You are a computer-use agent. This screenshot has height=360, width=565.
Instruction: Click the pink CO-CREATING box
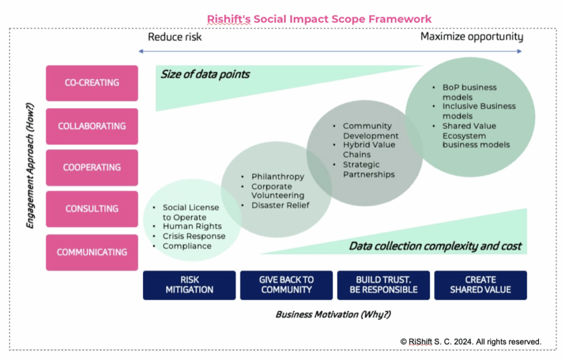(x=92, y=83)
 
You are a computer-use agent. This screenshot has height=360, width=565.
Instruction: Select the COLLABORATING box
(x=92, y=126)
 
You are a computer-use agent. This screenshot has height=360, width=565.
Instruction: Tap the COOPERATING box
(x=92, y=167)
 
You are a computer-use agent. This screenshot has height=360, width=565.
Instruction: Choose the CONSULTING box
(x=92, y=209)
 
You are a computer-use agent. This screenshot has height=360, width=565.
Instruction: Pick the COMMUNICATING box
(x=92, y=252)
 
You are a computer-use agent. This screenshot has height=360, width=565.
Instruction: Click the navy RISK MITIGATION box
(x=189, y=285)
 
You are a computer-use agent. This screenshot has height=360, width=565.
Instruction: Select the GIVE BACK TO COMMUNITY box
(x=286, y=285)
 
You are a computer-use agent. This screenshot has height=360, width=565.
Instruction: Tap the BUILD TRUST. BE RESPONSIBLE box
(x=383, y=285)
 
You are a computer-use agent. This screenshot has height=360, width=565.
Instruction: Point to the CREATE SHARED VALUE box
(x=480, y=285)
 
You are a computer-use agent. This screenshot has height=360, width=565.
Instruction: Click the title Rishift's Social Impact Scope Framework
(x=319, y=19)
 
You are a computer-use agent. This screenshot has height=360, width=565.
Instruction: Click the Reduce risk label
(x=175, y=37)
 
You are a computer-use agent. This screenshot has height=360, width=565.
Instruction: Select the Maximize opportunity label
(x=472, y=37)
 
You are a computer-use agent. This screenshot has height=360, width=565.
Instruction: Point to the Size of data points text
(x=205, y=74)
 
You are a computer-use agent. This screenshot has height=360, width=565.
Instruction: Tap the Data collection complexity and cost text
(x=435, y=246)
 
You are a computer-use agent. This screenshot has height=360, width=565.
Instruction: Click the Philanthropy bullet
(x=278, y=177)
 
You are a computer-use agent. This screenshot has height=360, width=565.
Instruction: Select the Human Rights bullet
(x=192, y=226)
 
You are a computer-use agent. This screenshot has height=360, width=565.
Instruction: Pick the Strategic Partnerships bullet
(x=369, y=170)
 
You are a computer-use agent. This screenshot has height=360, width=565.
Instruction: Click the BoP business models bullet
(x=469, y=92)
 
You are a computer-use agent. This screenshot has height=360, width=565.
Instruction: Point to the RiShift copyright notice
(x=471, y=342)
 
